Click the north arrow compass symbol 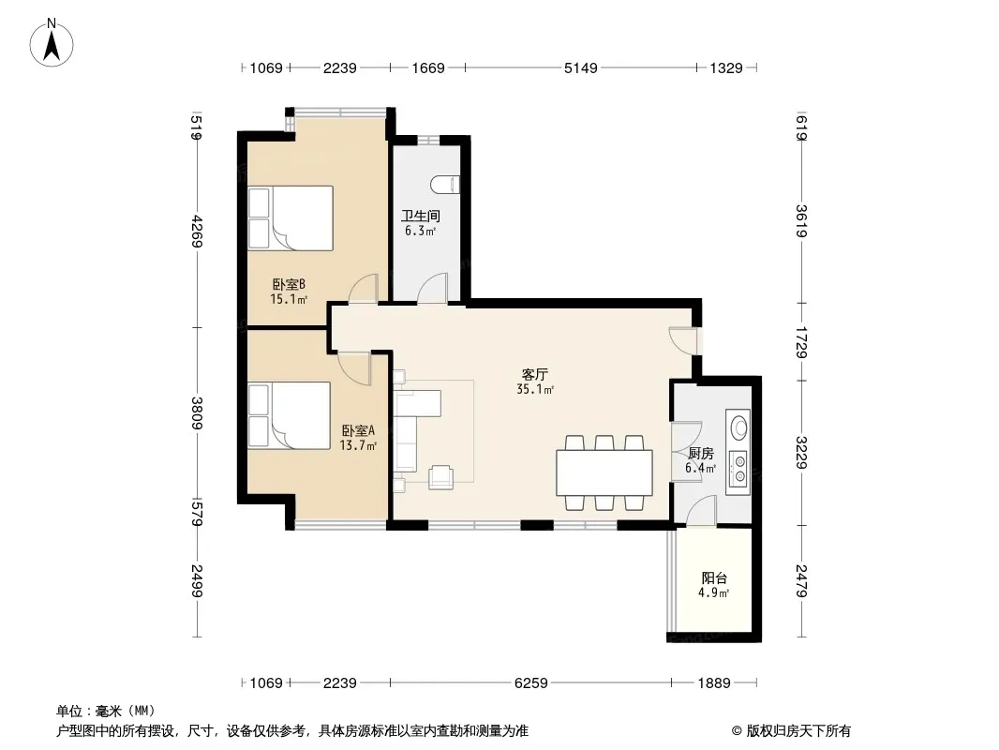point(52,42)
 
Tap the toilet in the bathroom point(445,184)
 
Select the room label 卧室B point(290,284)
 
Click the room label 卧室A point(358,430)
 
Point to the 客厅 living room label point(534,375)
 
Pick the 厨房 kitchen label point(701,454)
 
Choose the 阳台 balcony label point(714,577)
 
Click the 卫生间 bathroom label point(421,216)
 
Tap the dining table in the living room point(604,472)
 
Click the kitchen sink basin point(739,427)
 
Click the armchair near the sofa point(440,477)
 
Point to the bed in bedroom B point(291,217)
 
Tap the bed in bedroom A point(290,415)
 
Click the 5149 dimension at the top point(580,67)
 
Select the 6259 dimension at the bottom point(530,683)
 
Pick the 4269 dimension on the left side point(197,232)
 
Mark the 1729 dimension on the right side point(801,343)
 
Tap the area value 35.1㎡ point(535,389)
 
